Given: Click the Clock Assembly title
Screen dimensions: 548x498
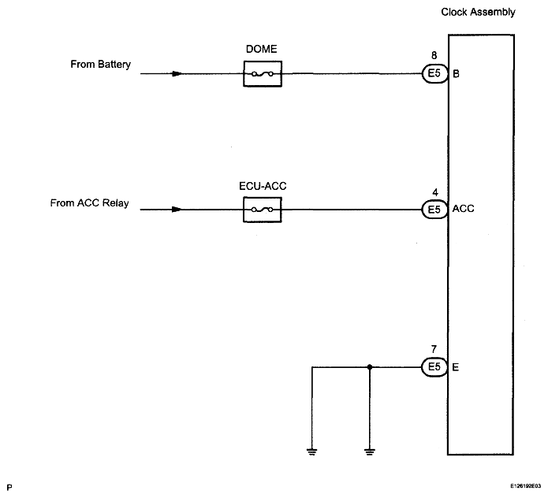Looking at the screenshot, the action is click(478, 13).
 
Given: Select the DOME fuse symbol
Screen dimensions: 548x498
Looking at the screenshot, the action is click(263, 74).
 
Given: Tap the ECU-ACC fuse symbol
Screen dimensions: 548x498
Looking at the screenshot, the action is click(263, 210).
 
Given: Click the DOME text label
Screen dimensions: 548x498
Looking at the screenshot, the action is click(262, 49).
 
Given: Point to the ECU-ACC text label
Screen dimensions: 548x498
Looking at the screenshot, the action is click(263, 186).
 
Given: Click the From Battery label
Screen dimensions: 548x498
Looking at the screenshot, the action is click(100, 65).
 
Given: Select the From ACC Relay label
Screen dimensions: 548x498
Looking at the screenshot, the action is click(89, 203).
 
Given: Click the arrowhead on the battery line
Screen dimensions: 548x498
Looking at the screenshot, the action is click(177, 74).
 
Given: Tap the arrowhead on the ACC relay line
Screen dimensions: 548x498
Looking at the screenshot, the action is click(177, 210).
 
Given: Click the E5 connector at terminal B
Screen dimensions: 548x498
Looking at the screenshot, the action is click(434, 73).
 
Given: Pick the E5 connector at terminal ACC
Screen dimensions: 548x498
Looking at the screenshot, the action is click(434, 210).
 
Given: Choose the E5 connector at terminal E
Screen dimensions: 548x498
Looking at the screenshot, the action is click(434, 366).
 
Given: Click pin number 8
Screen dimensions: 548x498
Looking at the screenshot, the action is click(434, 55).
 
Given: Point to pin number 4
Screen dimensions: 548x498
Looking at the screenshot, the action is click(435, 192).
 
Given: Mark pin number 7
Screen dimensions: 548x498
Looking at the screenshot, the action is click(434, 349).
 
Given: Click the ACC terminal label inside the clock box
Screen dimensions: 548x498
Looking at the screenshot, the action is click(463, 209).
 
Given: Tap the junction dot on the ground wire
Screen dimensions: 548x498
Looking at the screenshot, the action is click(370, 367).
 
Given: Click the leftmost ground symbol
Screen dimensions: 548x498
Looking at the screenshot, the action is click(311, 452).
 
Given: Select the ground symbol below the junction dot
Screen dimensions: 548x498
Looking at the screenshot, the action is click(370, 452).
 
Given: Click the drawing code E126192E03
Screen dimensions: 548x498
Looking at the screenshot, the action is click(525, 485).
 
